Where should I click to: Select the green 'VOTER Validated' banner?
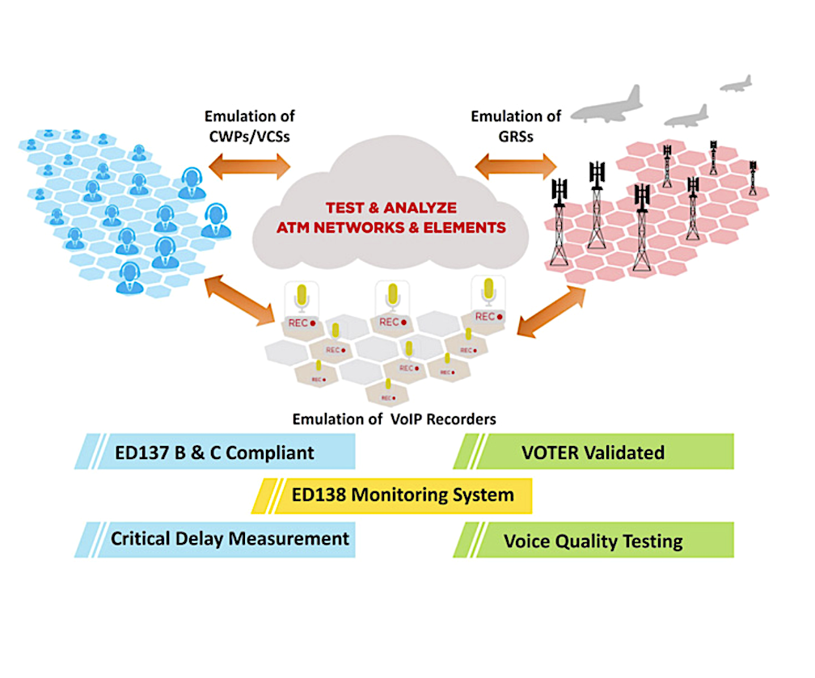tap(594, 452)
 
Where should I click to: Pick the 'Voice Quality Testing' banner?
tap(594, 540)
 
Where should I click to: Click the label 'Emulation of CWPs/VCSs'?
tap(247, 126)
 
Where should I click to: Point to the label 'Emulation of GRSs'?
tap(507, 126)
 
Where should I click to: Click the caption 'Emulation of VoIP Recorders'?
tap(394, 419)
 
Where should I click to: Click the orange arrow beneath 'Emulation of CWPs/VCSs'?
tap(248, 166)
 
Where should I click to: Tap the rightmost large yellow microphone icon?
tap(488, 290)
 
